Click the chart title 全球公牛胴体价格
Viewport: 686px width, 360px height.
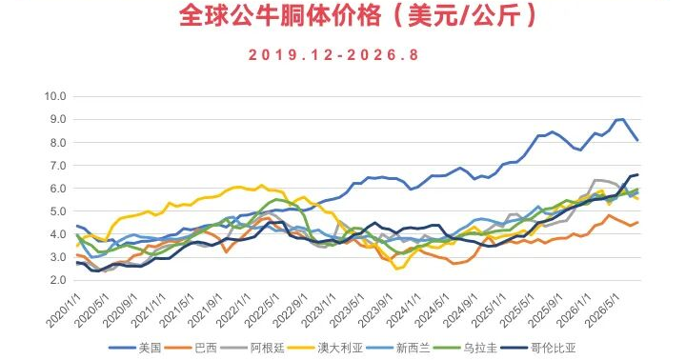point(280,16)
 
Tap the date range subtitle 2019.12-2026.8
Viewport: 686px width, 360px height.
point(333,55)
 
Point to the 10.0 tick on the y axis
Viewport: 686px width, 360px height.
point(55,96)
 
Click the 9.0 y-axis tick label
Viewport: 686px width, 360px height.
point(58,119)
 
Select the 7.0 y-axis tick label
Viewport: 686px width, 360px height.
point(58,166)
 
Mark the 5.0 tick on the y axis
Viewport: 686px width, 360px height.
point(58,211)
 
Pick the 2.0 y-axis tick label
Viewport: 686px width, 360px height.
point(58,280)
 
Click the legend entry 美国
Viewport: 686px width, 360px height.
point(134,349)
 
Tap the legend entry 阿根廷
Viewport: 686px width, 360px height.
point(252,349)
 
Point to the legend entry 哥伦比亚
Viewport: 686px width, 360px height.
point(538,349)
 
